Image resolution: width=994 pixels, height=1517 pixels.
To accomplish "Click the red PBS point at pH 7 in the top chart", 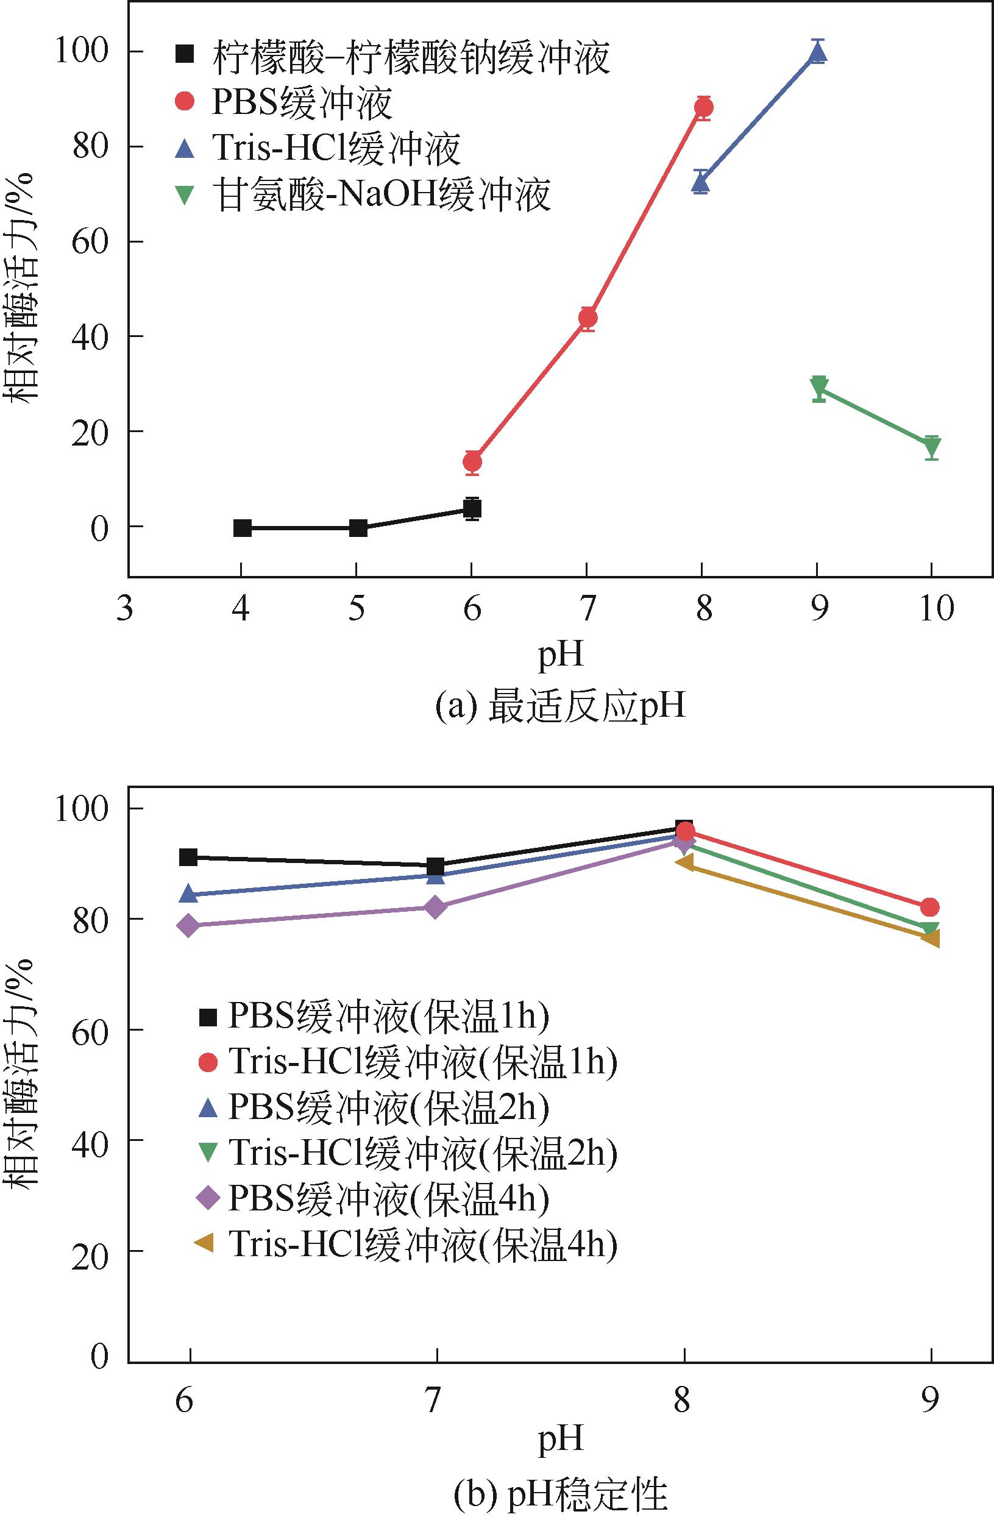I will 588,318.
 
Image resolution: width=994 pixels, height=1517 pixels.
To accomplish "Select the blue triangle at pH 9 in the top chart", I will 817,54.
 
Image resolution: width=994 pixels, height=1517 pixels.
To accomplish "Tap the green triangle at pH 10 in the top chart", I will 932,447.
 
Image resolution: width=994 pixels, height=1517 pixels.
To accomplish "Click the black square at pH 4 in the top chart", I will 242,528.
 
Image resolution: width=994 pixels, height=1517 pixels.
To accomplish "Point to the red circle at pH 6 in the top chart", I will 472,461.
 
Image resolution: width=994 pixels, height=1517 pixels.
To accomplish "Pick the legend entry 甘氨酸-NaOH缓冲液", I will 381,194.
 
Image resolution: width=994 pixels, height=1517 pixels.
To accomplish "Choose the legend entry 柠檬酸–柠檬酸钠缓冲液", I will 411,57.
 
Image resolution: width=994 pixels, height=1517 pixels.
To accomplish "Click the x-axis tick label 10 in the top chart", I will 936,609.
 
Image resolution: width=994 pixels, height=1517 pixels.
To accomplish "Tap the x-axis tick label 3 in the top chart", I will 126,609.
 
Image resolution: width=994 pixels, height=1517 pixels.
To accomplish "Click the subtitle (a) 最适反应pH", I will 559,707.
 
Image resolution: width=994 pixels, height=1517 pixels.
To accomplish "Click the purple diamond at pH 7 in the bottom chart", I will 436,907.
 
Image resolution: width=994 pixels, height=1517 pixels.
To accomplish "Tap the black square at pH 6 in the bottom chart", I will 188,858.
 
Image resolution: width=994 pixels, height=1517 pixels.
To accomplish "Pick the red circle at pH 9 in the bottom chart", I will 929,907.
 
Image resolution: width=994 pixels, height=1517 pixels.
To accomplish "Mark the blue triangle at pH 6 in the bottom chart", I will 188,894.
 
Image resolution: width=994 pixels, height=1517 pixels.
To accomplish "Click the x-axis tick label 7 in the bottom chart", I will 434,1401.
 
